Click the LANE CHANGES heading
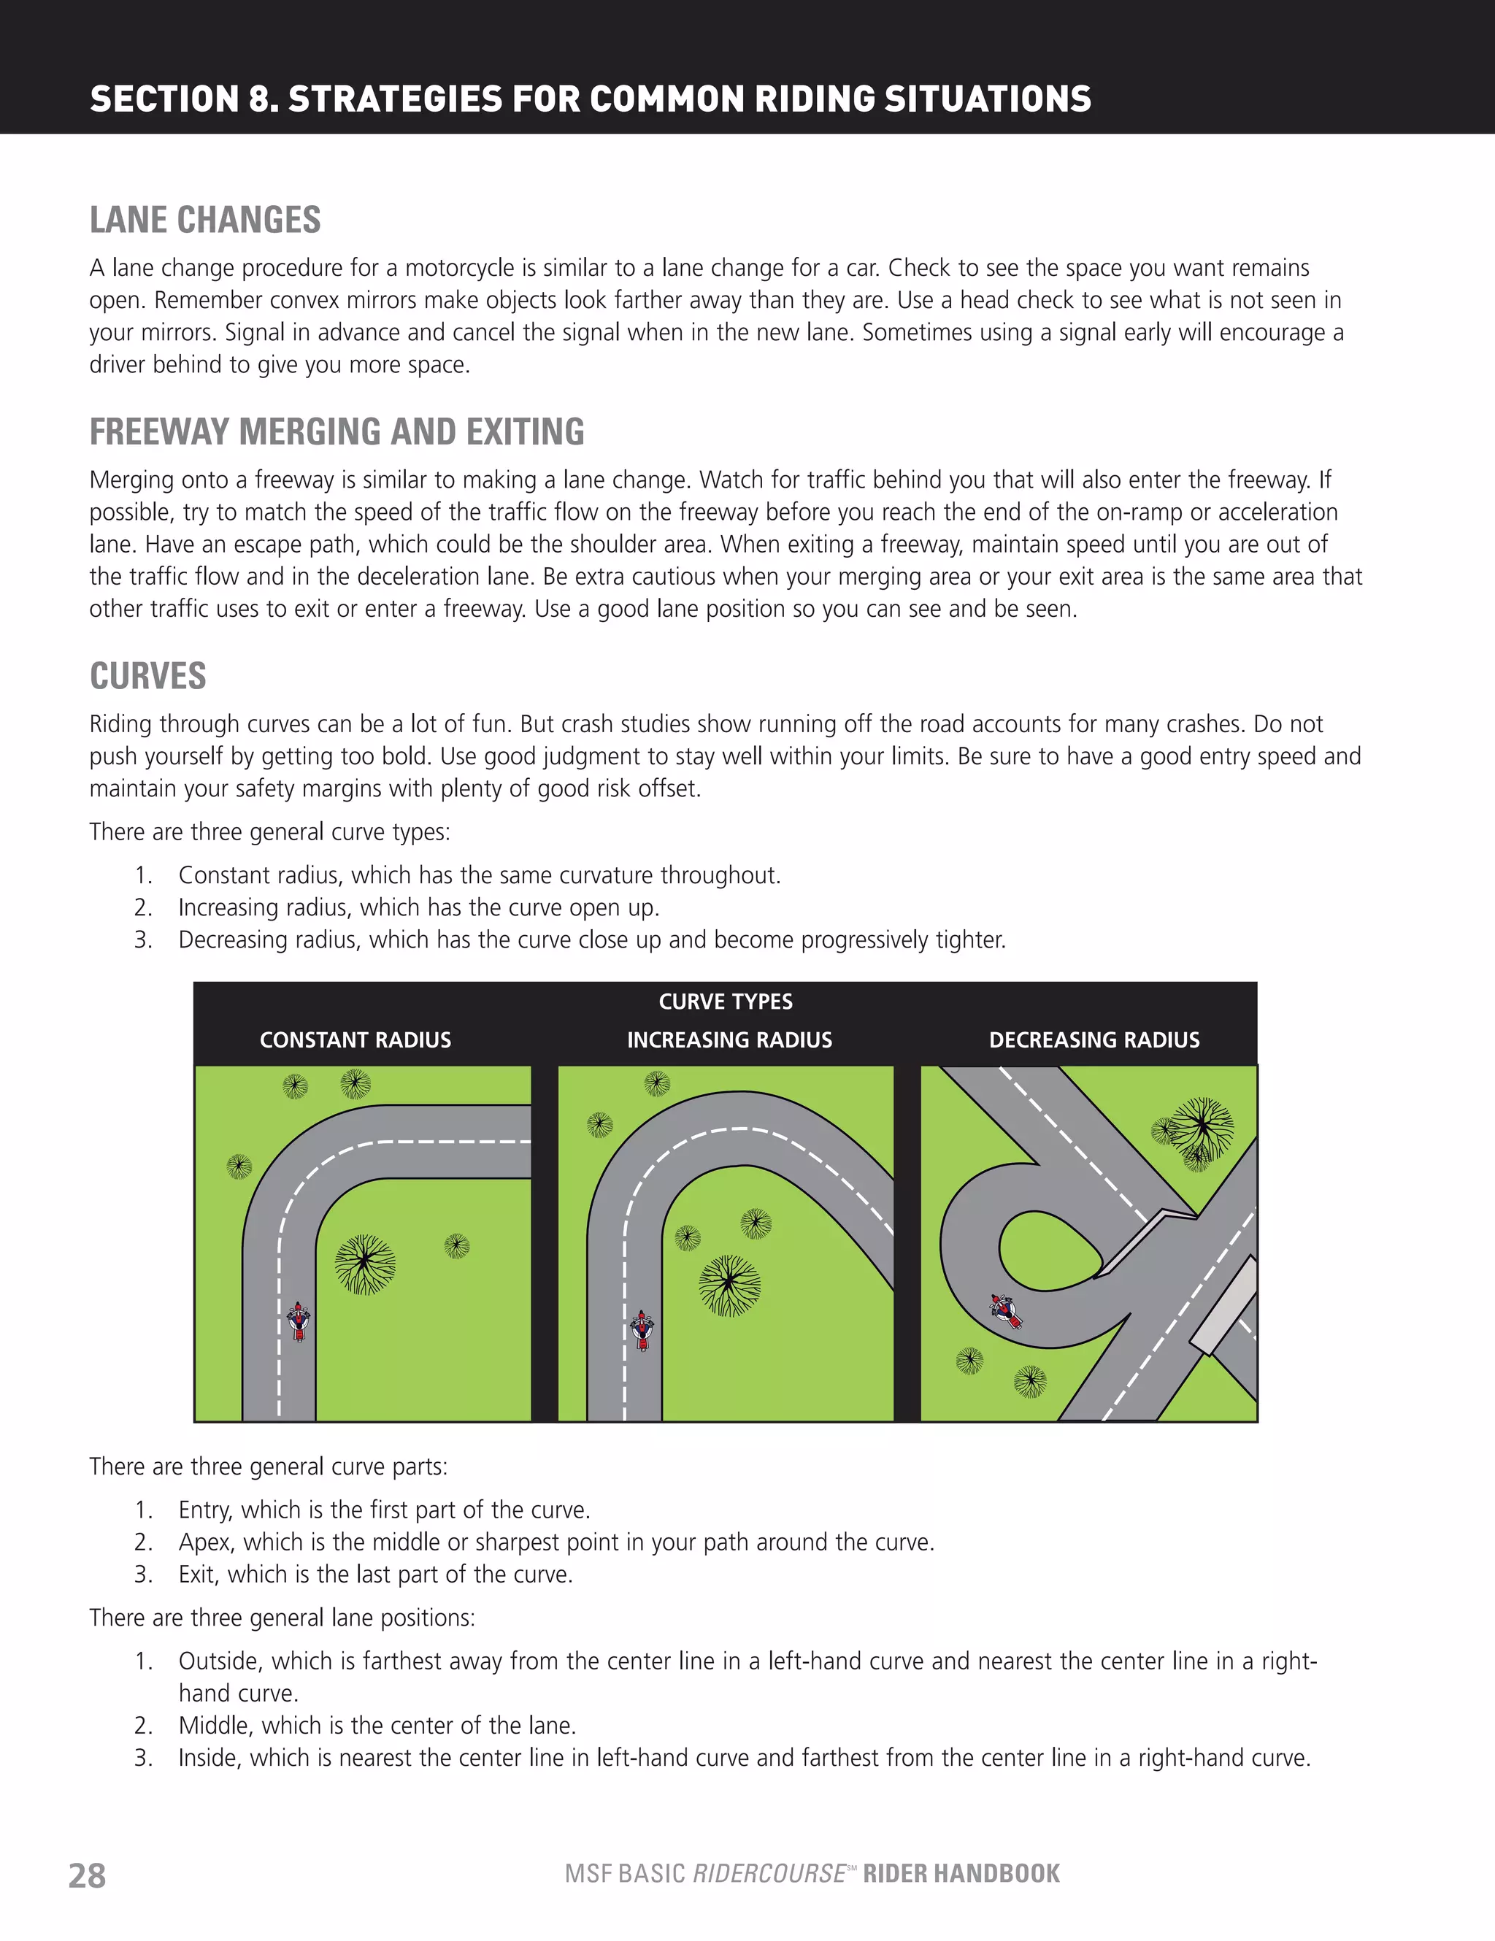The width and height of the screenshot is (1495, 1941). click(x=205, y=220)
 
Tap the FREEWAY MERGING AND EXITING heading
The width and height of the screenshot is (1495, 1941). click(x=337, y=432)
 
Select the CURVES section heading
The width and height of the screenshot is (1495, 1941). click(x=147, y=677)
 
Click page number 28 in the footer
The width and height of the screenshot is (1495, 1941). click(x=87, y=1875)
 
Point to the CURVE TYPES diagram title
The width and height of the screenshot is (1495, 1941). click(x=726, y=1002)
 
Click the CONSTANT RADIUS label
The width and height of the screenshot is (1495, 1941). click(x=356, y=1039)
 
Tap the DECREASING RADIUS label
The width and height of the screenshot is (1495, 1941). click(x=1094, y=1039)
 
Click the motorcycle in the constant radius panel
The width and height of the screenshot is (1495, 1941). click(x=299, y=1321)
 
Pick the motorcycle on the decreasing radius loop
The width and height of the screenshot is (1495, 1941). click(x=1006, y=1311)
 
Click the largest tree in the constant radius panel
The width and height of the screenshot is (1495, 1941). click(x=364, y=1263)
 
